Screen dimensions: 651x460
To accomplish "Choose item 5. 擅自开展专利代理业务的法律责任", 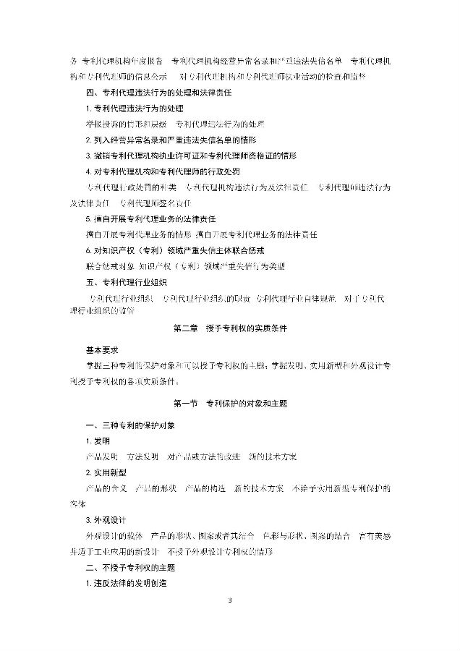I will point(156,218).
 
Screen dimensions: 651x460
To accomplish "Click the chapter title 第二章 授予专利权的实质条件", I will point(230,328).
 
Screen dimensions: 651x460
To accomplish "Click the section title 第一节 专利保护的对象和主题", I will point(229,401).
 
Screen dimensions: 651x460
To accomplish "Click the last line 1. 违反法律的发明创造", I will point(126,583).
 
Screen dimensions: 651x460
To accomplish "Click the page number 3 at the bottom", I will point(230,601).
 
